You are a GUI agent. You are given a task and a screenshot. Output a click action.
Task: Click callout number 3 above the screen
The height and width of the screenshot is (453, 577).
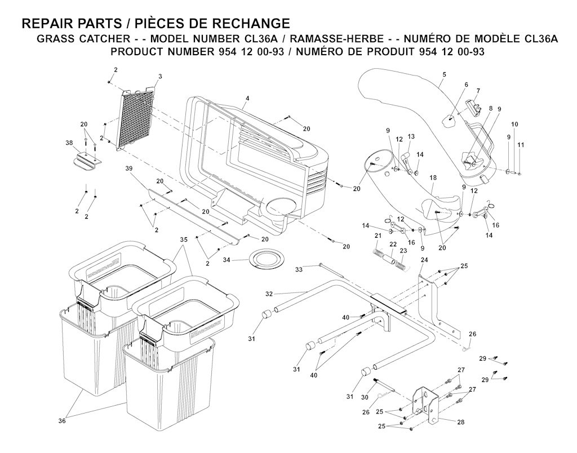pyautogui.click(x=160, y=76)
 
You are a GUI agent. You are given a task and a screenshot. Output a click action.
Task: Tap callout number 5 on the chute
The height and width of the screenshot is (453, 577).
pyautogui.click(x=444, y=74)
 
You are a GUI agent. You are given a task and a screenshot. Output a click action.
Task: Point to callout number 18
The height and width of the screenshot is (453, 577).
pyautogui.click(x=433, y=177)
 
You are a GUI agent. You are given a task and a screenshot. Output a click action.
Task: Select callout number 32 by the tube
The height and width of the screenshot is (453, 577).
pyautogui.click(x=269, y=294)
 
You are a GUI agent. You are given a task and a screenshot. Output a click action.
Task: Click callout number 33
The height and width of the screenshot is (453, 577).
pyautogui.click(x=299, y=269)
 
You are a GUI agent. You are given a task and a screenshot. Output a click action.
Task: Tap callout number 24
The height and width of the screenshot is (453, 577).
pyautogui.click(x=424, y=260)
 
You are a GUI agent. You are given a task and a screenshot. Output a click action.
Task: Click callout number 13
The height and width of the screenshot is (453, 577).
pyautogui.click(x=411, y=136)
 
